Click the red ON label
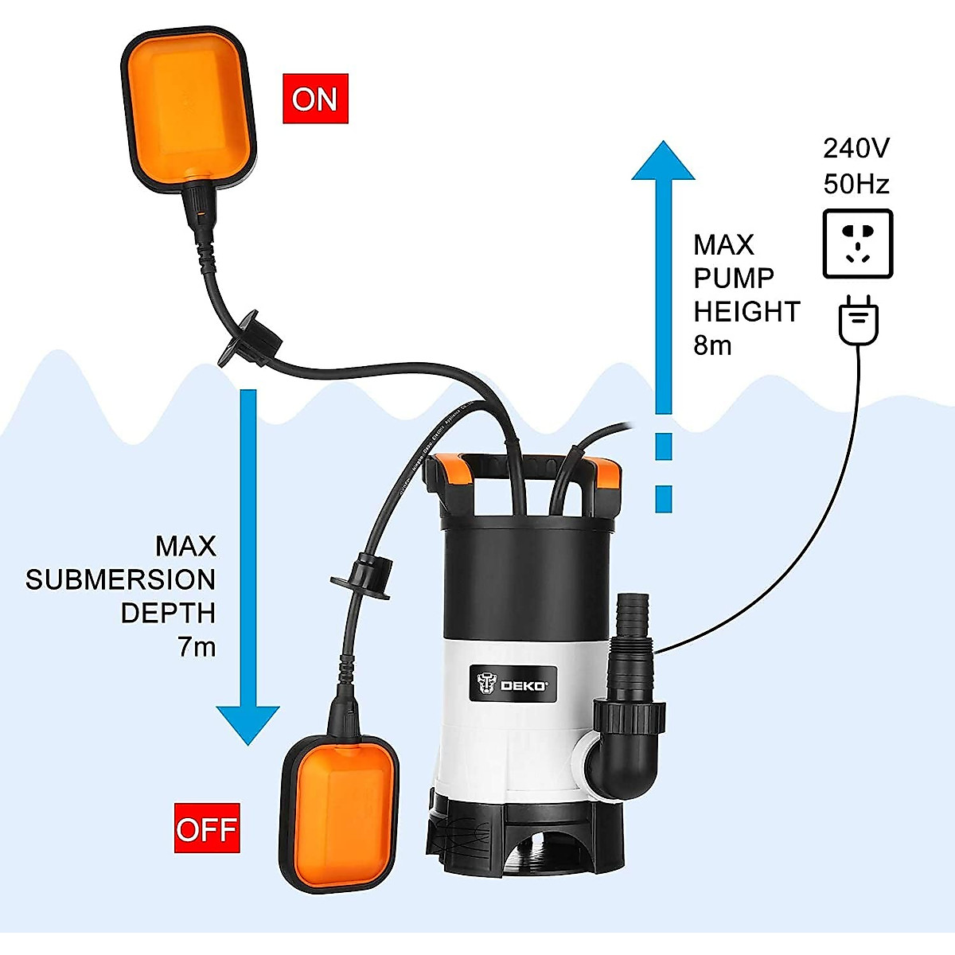tap(315, 99)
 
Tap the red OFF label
tap(207, 829)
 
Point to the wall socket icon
tap(857, 244)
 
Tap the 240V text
tap(856, 148)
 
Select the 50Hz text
tap(856, 184)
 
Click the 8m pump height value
tap(711, 345)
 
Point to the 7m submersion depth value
tap(197, 647)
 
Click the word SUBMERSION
tap(120, 579)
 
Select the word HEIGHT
tap(746, 312)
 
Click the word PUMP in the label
tap(733, 279)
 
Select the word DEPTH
tap(168, 614)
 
